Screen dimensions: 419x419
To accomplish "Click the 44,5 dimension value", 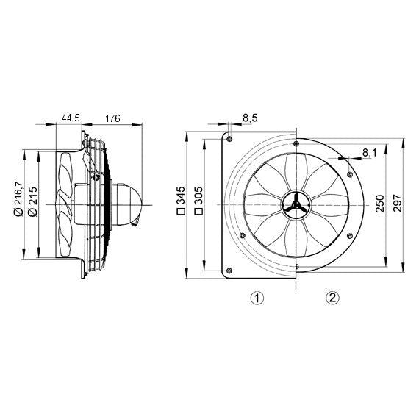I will [x=71, y=118].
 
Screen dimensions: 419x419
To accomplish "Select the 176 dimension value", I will [x=113, y=118].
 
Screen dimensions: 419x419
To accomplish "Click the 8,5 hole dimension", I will [x=249, y=118].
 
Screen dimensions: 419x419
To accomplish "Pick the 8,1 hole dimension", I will [x=369, y=153].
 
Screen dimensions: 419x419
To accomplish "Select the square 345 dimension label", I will [x=181, y=201].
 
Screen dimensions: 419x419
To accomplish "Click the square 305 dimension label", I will [x=198, y=201].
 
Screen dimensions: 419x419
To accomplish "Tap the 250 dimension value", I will [x=380, y=202].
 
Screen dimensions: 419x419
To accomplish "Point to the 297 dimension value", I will [x=398, y=202].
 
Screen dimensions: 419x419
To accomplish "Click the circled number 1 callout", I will [x=256, y=298].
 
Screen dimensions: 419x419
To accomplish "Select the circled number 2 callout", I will [x=333, y=298].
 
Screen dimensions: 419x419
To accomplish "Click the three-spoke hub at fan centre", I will [x=295, y=206].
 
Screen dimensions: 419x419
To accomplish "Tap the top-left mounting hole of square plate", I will [x=230, y=139].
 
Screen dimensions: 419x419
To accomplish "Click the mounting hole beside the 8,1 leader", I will [x=350, y=173].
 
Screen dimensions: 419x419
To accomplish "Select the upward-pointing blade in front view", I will [x=295, y=170].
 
